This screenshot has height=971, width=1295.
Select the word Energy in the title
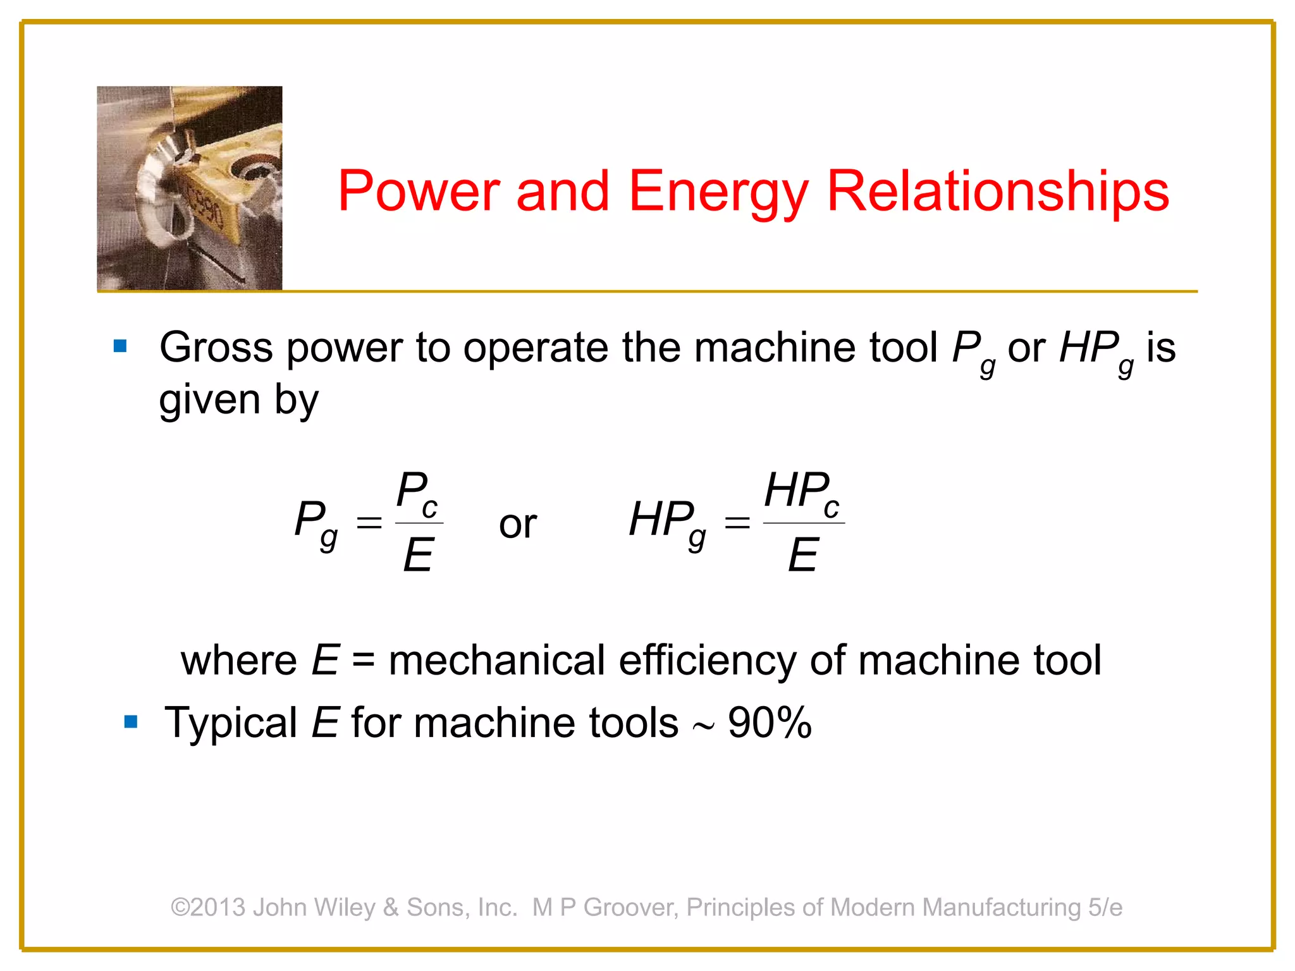pyautogui.click(x=718, y=192)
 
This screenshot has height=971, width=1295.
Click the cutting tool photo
pyautogui.click(x=190, y=188)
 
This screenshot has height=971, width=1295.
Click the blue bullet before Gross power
pyautogui.click(x=120, y=346)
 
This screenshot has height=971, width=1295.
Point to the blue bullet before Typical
pyautogui.click(x=131, y=721)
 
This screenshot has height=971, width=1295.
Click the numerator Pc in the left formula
pyautogui.click(x=417, y=493)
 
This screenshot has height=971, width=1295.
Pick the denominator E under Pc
pyautogui.click(x=419, y=555)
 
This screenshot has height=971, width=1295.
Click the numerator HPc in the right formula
pyautogui.click(x=801, y=493)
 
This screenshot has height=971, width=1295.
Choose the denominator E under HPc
pyautogui.click(x=803, y=555)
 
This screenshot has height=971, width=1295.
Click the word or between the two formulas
pyautogui.click(x=517, y=524)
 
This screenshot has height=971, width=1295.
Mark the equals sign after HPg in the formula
pyautogui.click(x=737, y=523)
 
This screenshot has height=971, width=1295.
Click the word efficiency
pyautogui.click(x=708, y=661)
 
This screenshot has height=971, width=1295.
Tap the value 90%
pyautogui.click(x=770, y=723)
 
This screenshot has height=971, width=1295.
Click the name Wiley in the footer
pyautogui.click(x=345, y=907)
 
